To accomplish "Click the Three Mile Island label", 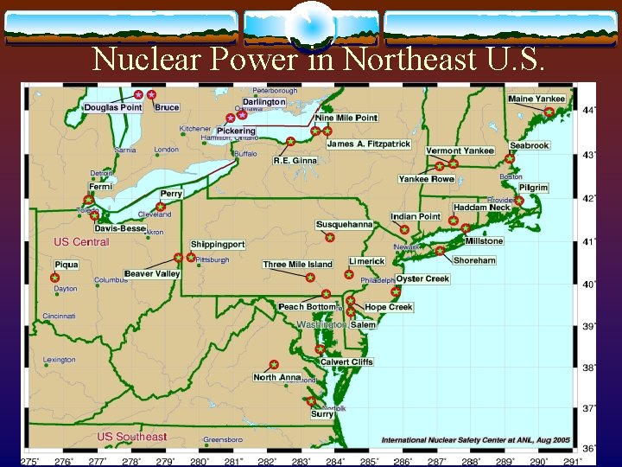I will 298,264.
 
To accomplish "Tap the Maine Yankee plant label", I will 536,99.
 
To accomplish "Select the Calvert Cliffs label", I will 346,362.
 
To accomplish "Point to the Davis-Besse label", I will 120,228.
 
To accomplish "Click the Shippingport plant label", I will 218,245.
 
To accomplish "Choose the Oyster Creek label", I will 422,279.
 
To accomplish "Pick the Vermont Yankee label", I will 460,151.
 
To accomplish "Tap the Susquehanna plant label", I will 344,225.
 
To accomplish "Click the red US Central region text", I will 81,242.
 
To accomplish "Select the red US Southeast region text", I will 131,437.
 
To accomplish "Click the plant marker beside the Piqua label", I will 54,278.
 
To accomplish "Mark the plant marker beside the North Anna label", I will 274,365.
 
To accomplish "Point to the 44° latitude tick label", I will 588,111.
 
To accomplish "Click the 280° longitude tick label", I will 200,462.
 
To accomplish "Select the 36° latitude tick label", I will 588,448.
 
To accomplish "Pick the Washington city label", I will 321,324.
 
